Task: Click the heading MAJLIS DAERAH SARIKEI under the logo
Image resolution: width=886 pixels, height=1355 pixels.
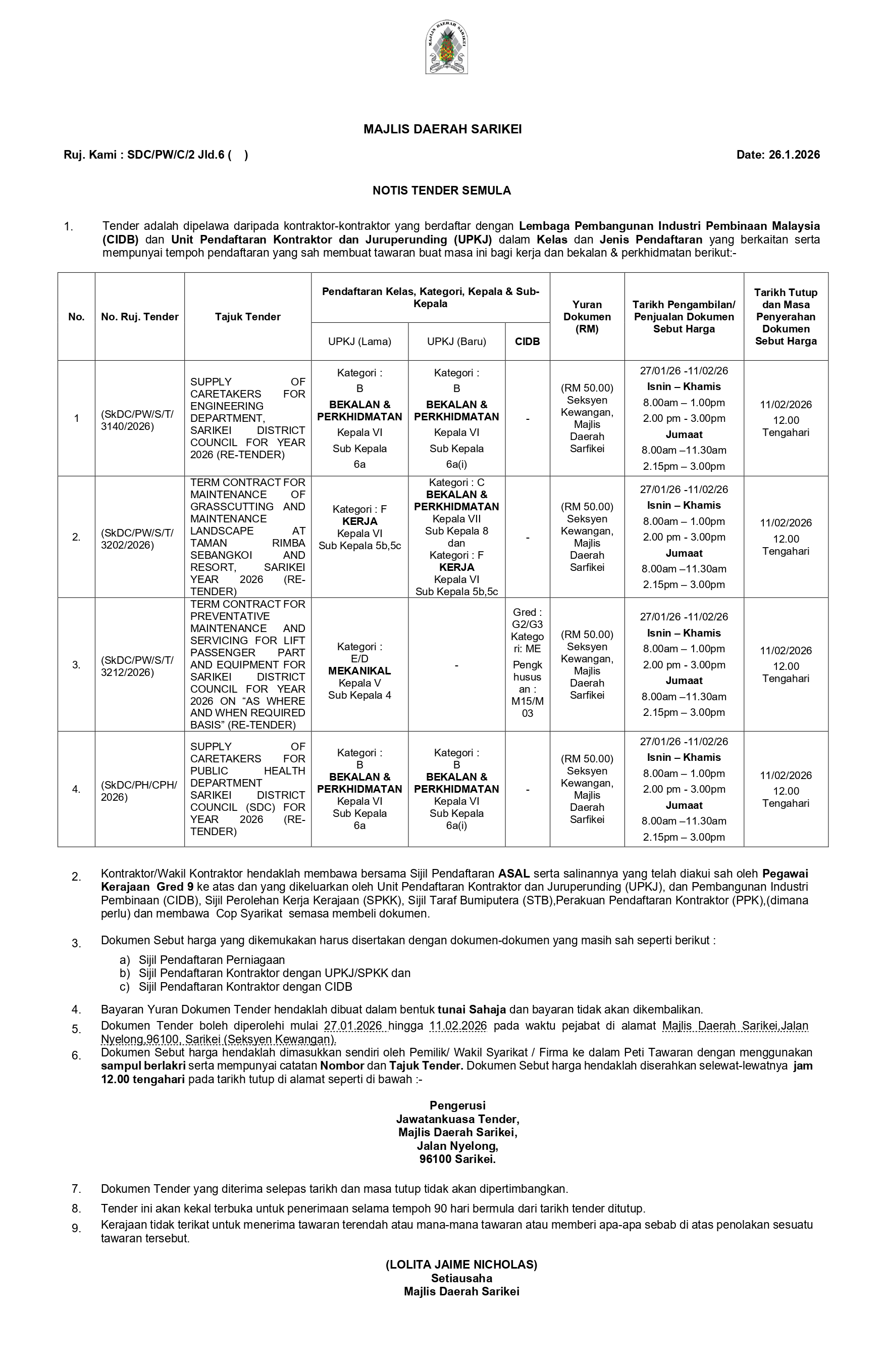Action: (442, 129)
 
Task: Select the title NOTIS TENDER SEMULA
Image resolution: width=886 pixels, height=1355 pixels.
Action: (442, 191)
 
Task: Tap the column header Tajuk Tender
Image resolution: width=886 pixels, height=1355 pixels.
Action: (247, 317)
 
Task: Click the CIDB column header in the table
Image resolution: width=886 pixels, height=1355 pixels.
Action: (527, 342)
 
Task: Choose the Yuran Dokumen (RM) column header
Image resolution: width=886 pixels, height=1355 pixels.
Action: (587, 317)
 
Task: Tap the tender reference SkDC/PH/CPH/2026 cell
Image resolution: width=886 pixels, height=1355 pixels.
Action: (139, 791)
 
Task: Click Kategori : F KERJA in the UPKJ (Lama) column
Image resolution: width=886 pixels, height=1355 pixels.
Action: (359, 515)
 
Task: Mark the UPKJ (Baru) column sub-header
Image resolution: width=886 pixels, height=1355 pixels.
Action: (456, 342)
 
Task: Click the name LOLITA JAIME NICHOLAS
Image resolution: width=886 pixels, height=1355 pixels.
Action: (461, 1265)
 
